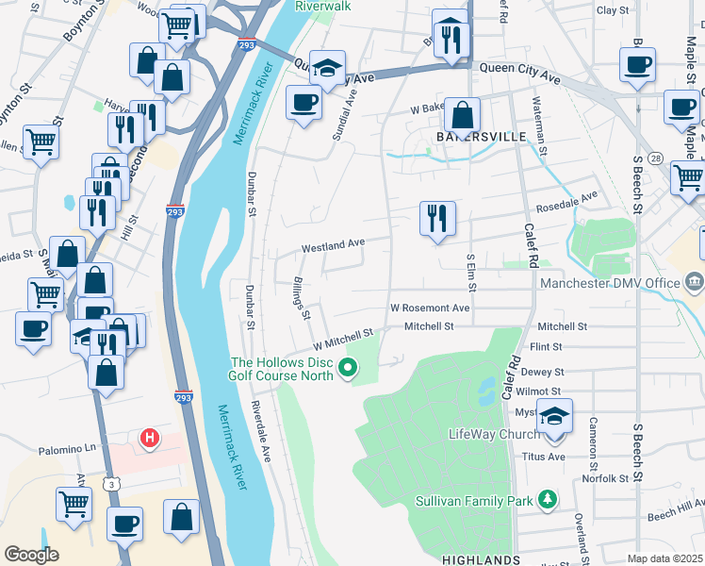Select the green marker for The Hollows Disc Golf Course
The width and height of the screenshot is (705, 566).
click(x=350, y=368)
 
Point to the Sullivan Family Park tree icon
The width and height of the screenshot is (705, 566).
click(x=547, y=500)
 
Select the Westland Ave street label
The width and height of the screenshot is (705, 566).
click(x=333, y=244)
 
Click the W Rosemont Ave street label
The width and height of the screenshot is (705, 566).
click(x=430, y=308)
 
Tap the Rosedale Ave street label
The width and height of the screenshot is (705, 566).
click(x=566, y=201)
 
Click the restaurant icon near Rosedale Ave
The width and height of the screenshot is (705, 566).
click(x=437, y=219)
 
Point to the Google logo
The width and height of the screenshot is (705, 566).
click(x=30, y=555)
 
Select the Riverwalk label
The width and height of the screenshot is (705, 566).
click(x=322, y=6)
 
